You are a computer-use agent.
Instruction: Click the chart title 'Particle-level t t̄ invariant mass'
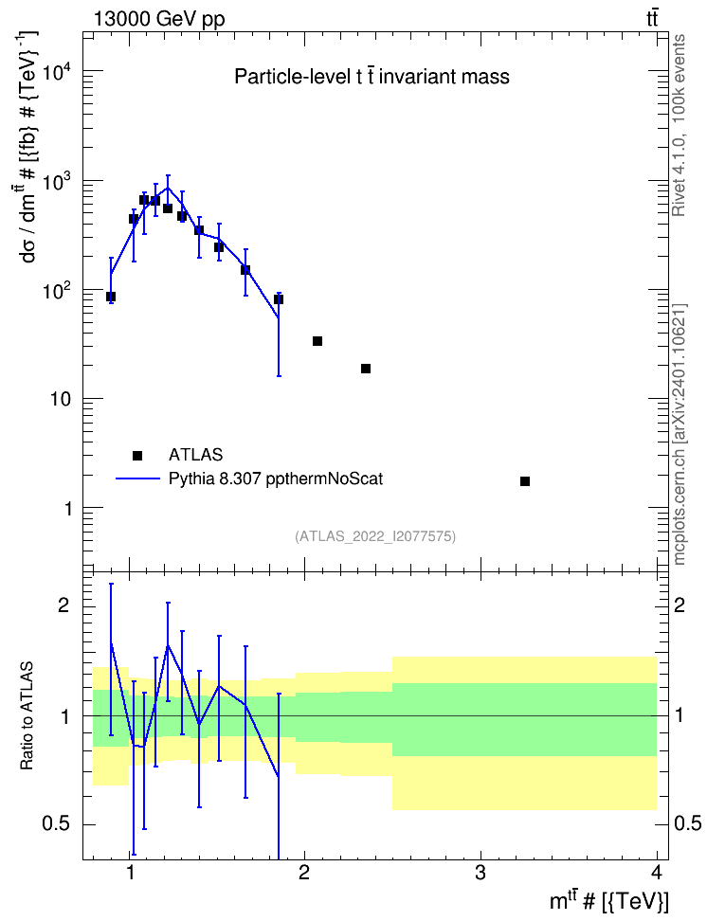pyautogui.click(x=372, y=77)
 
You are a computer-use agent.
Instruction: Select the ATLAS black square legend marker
pyautogui.click(x=137, y=455)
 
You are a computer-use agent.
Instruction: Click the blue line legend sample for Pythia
pyautogui.click(x=137, y=479)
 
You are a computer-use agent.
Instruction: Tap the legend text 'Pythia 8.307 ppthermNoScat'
pyautogui.click(x=276, y=479)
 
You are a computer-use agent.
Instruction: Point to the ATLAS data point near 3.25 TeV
pyautogui.click(x=525, y=481)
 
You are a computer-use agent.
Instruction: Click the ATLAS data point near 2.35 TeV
pyautogui.click(x=366, y=369)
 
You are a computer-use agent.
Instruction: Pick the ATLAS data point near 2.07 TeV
pyautogui.click(x=317, y=341)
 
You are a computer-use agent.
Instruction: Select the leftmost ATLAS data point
pyautogui.click(x=111, y=297)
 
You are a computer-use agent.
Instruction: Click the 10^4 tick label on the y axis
pyautogui.click(x=57, y=73)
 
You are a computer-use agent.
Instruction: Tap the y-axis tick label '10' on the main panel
pyautogui.click(x=61, y=400)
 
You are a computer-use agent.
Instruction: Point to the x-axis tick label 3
pyautogui.click(x=480, y=873)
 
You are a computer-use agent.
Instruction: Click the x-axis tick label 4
pyautogui.click(x=657, y=873)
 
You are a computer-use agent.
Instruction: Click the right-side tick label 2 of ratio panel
pyautogui.click(x=680, y=605)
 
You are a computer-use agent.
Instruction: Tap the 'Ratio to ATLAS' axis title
pyautogui.click(x=27, y=716)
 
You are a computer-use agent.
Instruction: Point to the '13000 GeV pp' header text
pyautogui.click(x=159, y=19)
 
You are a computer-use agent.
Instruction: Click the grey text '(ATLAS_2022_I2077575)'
pyautogui.click(x=375, y=536)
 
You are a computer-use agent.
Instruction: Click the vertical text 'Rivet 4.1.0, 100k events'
pyautogui.click(x=679, y=125)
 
